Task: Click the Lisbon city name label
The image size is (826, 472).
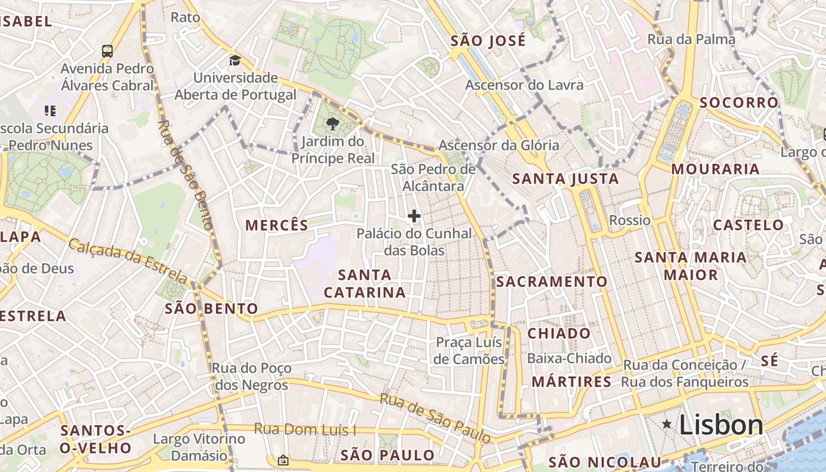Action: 721,425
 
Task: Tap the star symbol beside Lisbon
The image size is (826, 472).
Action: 667,424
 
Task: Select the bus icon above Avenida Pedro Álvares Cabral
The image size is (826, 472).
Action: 107,51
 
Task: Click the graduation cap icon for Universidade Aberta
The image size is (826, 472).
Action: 235,60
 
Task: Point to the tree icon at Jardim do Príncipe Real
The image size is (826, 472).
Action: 332,124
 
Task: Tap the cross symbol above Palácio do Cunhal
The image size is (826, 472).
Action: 414,216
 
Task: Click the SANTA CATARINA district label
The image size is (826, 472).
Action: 365,283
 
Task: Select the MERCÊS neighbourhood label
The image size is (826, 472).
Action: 277,225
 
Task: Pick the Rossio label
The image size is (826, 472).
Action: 630,220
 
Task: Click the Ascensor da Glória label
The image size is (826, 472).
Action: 499,145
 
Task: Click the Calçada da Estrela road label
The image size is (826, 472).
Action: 128,260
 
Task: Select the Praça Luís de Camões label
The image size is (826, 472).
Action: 469,350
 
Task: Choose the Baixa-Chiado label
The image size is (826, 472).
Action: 569,358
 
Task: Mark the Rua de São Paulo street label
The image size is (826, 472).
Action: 435,418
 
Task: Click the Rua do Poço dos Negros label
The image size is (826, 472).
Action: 251,376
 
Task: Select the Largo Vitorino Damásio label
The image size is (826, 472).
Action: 199,447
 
